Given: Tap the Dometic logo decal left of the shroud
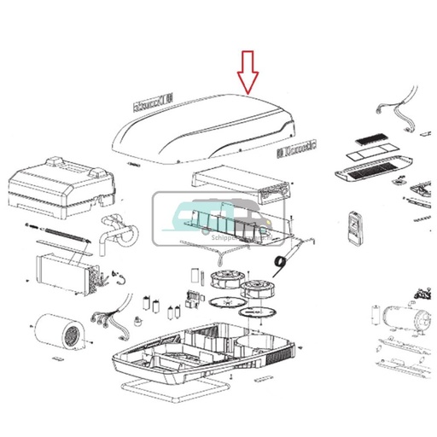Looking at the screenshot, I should (151, 107).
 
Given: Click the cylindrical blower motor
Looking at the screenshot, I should (59, 334).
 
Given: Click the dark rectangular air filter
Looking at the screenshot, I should (372, 137).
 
